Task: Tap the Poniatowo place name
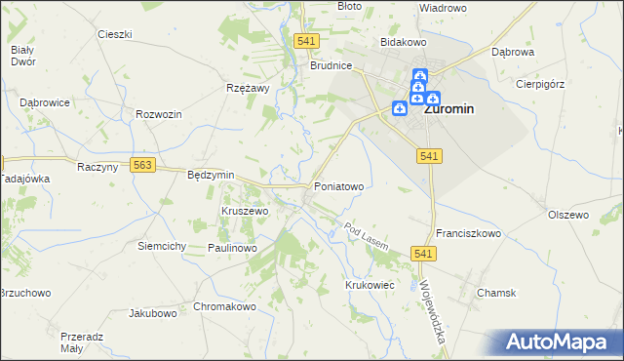tap(338, 185)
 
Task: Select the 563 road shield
tap(143, 166)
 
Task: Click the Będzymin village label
tap(211, 175)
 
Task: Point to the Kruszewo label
tap(245, 211)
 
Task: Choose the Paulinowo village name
tap(232, 249)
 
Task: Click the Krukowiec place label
tap(369, 284)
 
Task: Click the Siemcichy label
tap(162, 246)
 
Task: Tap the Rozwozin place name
tap(160, 114)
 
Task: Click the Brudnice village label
tap(331, 66)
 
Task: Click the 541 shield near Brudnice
tap(306, 40)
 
